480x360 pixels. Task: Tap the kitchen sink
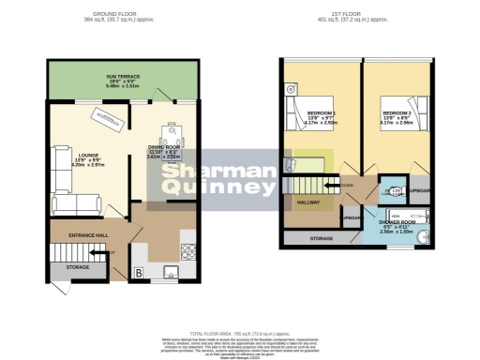pyautogui.click(x=171, y=274)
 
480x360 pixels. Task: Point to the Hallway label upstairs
pyautogui.click(x=307, y=202)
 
